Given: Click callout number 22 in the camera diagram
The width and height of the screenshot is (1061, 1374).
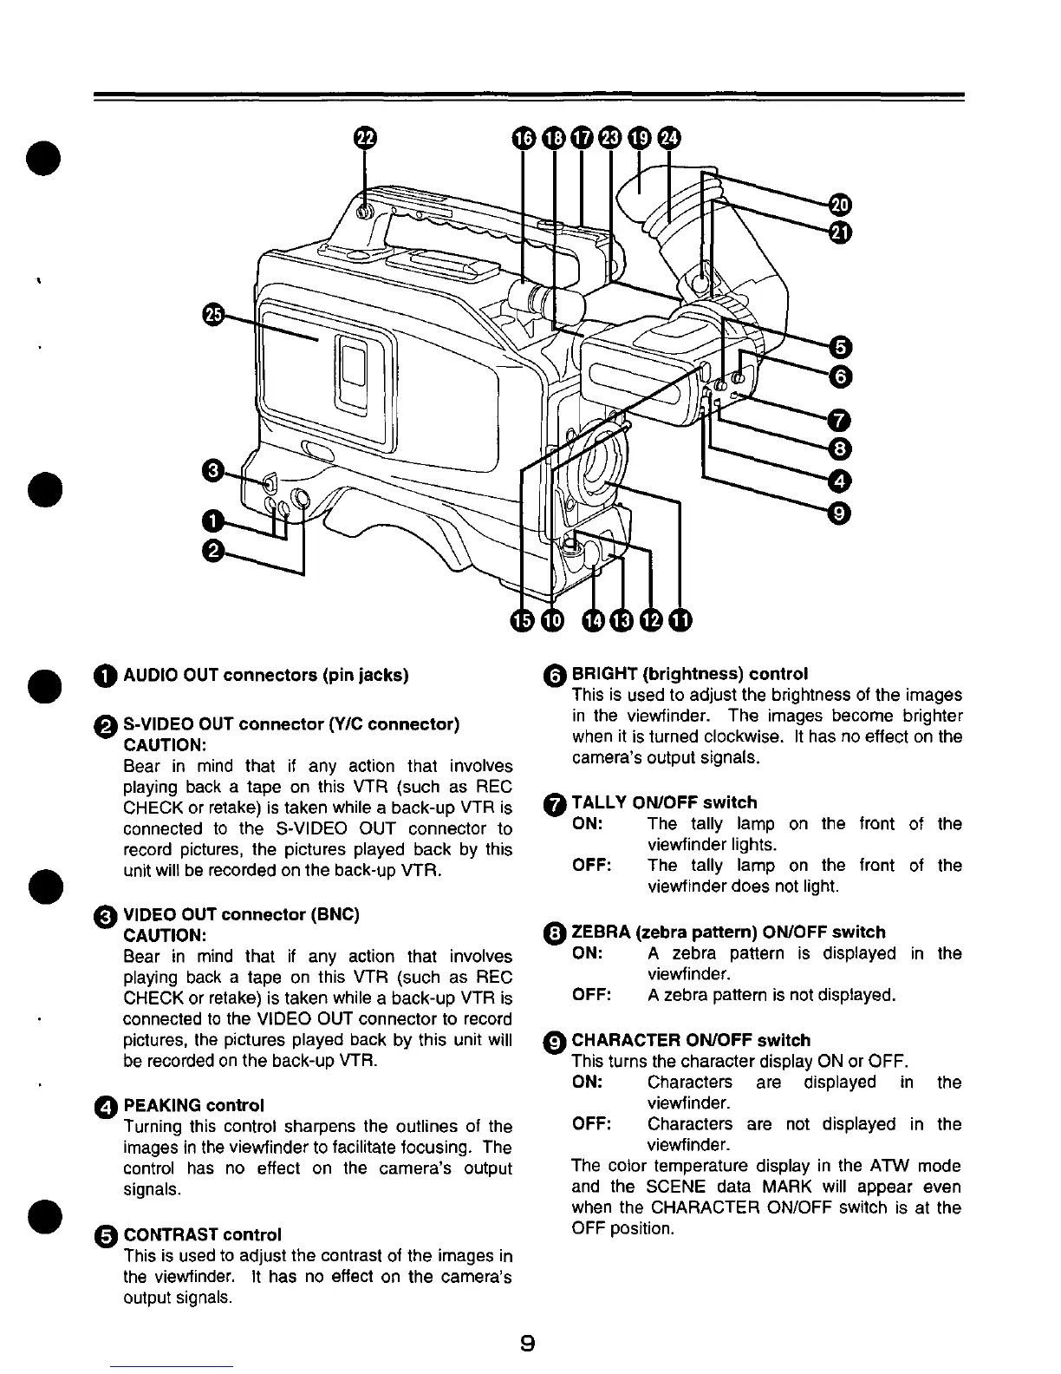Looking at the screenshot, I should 365,138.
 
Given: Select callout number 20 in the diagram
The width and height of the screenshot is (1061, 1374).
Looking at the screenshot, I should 839,204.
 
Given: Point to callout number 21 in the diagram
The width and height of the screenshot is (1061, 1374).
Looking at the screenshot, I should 839,232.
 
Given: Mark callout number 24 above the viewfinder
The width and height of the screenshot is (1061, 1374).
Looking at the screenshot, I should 669,138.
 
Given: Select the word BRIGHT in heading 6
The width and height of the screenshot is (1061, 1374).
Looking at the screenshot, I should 599,674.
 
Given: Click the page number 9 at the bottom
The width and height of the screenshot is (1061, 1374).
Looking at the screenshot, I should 527,1344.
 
